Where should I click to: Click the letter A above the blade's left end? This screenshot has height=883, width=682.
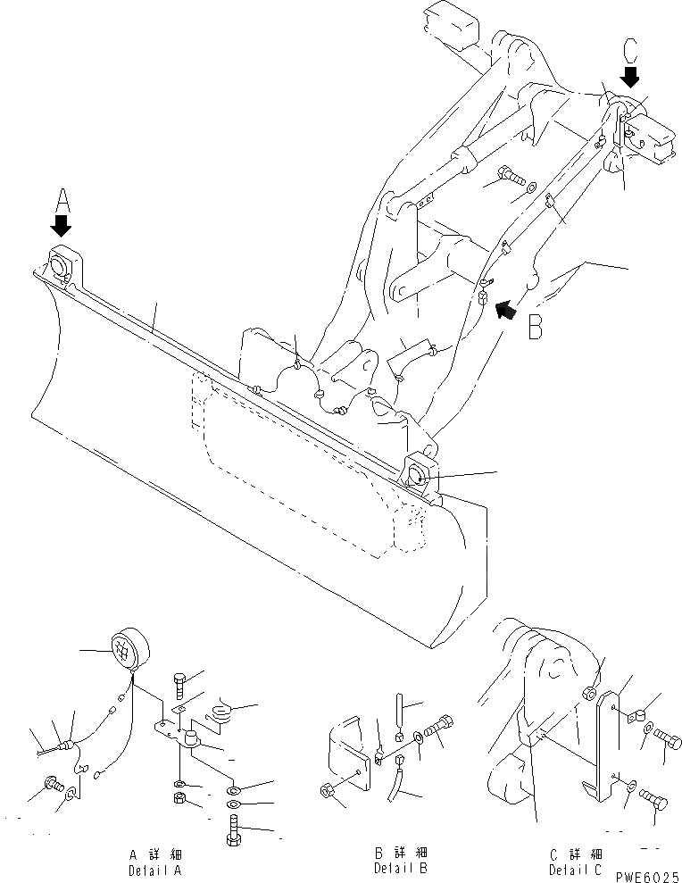point(62,197)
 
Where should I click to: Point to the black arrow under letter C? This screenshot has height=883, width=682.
point(631,76)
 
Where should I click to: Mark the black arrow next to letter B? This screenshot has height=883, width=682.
point(506,309)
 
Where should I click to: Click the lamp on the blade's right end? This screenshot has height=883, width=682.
point(420,471)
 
